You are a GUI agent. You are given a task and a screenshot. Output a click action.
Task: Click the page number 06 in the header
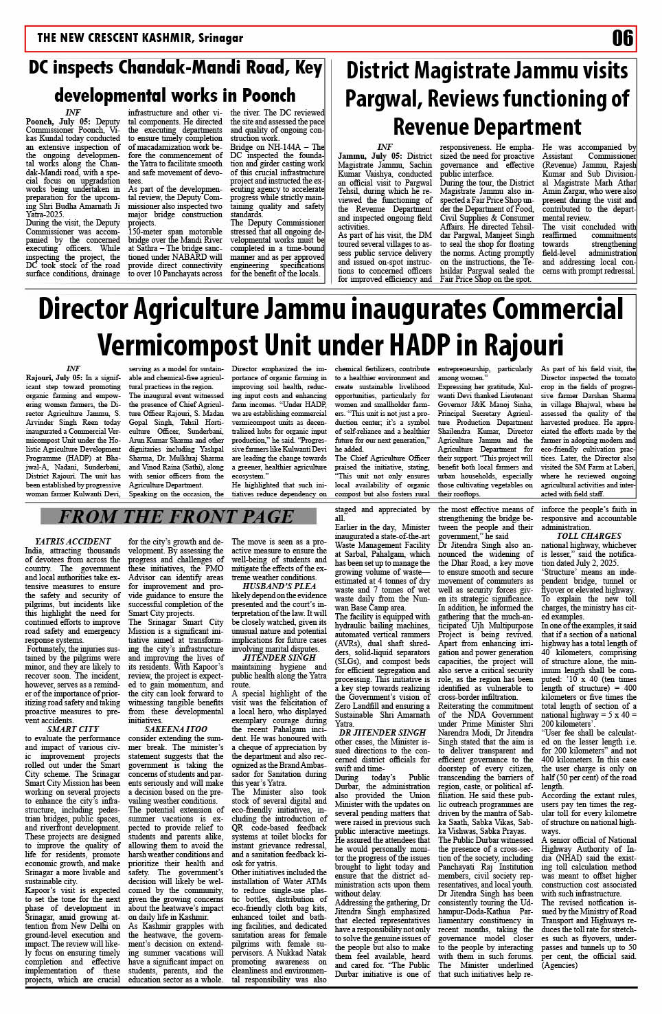[622, 38]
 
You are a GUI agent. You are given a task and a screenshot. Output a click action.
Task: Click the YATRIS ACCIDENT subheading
[73, 542]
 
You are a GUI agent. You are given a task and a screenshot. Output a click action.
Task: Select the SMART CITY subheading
[73, 729]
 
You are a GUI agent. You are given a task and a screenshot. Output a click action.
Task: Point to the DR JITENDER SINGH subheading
[383, 732]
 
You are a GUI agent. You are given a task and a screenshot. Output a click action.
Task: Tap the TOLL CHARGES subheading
[589, 536]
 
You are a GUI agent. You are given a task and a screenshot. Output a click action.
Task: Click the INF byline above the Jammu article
[385, 147]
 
